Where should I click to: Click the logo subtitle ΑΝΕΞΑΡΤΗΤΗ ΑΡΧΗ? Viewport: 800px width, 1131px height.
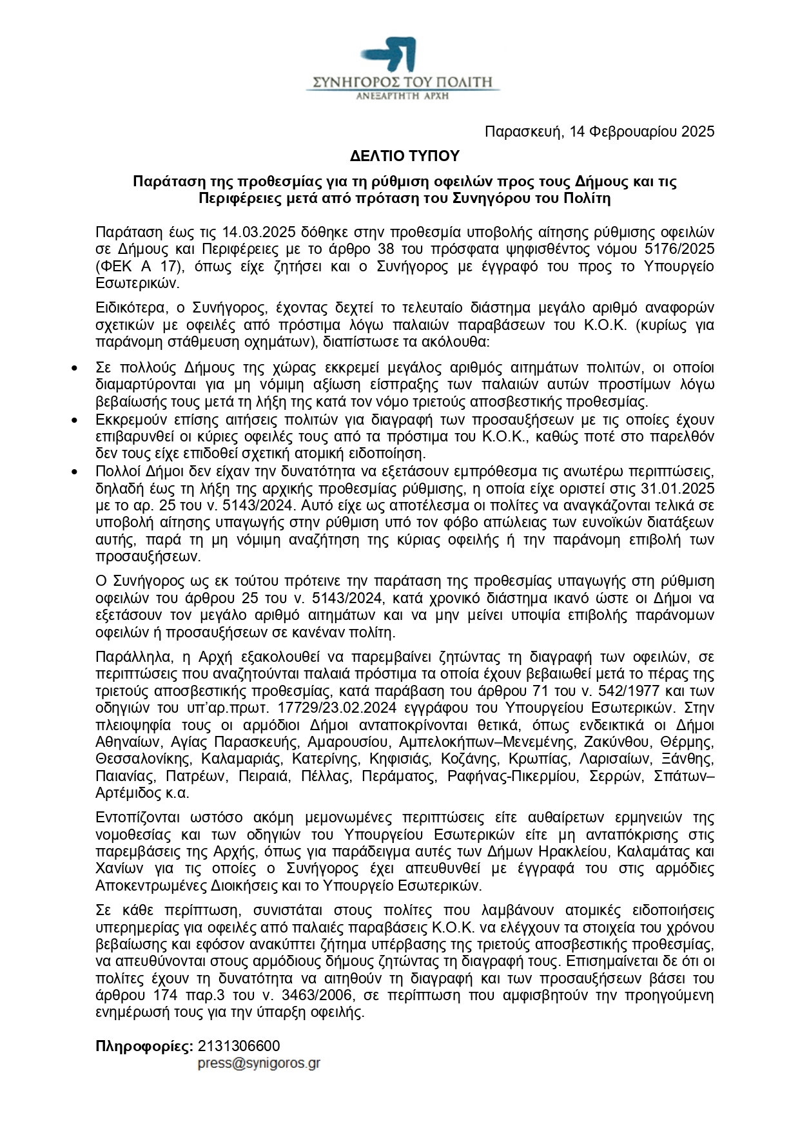403,96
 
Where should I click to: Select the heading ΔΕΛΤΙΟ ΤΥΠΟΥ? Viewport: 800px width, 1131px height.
404,157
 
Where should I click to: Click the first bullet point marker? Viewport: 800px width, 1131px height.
75,369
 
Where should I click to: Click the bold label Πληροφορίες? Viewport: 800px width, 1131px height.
144,1045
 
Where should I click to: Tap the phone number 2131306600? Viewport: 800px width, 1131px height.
239,1045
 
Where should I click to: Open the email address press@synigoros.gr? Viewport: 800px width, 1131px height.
259,1063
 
